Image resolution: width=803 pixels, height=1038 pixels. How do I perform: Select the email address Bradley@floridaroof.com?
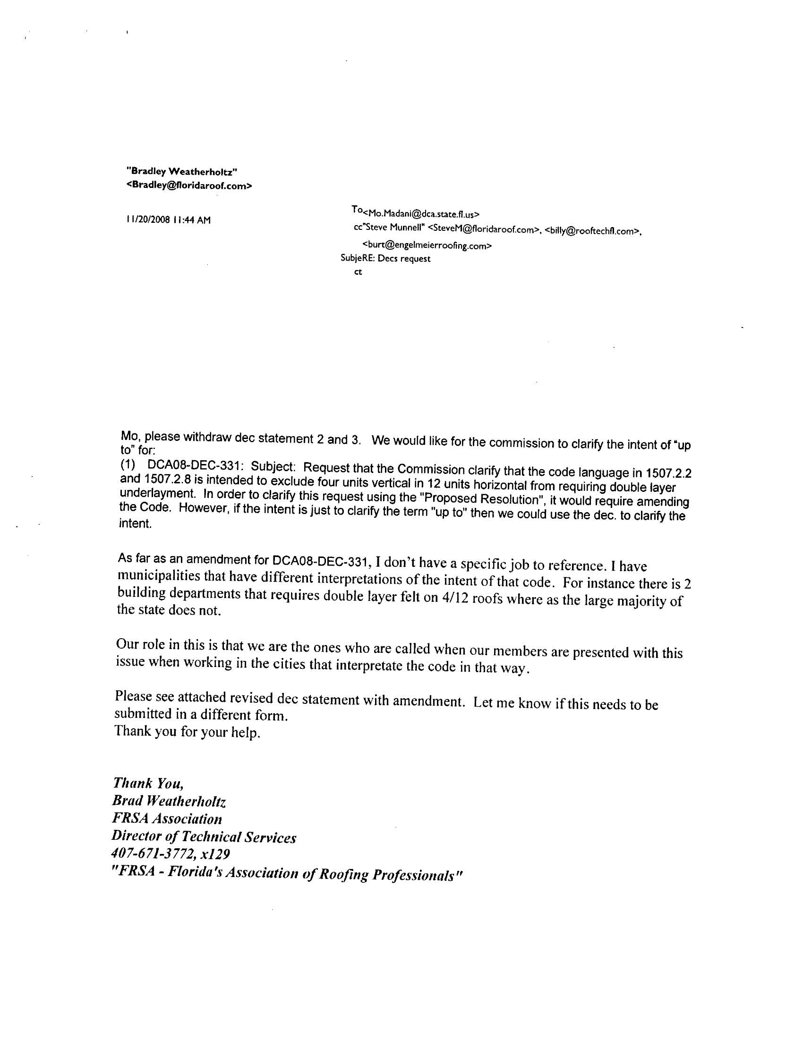click(189, 186)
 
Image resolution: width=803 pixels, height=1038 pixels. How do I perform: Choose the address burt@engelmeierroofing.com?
click(427, 246)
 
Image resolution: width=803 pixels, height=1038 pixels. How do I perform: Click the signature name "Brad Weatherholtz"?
click(169, 801)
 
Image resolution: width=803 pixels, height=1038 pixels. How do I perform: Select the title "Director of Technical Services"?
click(204, 837)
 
